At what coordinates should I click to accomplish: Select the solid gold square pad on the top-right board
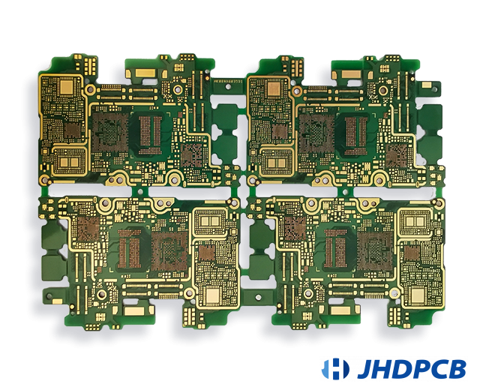[274, 88]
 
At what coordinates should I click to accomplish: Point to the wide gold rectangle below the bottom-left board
[135, 309]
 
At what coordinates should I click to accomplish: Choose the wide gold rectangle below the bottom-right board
[342, 309]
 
